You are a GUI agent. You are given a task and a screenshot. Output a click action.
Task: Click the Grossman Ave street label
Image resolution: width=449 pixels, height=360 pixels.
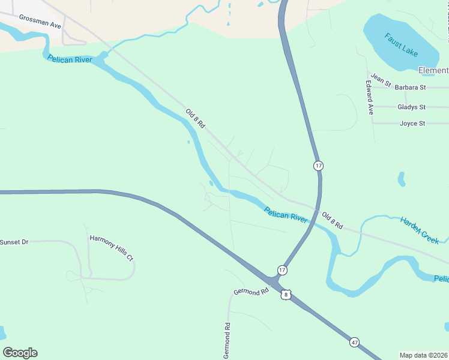pyautogui.click(x=40, y=22)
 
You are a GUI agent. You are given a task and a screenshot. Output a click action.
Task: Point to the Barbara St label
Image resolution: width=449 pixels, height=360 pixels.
pyautogui.click(x=410, y=87)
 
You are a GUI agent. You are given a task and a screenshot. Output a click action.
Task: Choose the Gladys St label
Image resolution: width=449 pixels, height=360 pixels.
pyautogui.click(x=411, y=107)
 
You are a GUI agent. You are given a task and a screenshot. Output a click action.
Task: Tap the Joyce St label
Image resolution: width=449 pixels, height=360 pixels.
pyautogui.click(x=412, y=124)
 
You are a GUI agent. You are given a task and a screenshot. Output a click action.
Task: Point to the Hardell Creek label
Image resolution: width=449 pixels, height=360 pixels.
pyautogui.click(x=420, y=229)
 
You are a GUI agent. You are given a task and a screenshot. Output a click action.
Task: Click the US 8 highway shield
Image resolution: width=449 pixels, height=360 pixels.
pyautogui.click(x=286, y=294)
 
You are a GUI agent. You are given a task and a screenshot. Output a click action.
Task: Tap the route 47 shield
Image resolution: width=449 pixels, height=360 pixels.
pyautogui.click(x=355, y=342)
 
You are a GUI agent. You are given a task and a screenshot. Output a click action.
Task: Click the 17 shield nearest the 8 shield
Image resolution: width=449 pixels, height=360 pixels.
pyautogui.click(x=282, y=270)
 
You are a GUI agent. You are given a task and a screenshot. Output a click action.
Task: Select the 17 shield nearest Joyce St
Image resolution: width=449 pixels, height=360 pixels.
pyautogui.click(x=318, y=165)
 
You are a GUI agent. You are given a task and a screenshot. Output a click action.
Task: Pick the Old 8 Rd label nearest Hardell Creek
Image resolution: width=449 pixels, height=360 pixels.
pyautogui.click(x=332, y=221)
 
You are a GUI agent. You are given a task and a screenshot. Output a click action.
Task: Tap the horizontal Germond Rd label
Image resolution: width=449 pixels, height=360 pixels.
pyautogui.click(x=251, y=292)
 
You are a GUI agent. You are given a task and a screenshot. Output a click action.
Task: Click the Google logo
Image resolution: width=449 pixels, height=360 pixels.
pyautogui.click(x=20, y=353)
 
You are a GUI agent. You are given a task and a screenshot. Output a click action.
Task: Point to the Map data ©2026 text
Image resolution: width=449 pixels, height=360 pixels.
pyautogui.click(x=423, y=355)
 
